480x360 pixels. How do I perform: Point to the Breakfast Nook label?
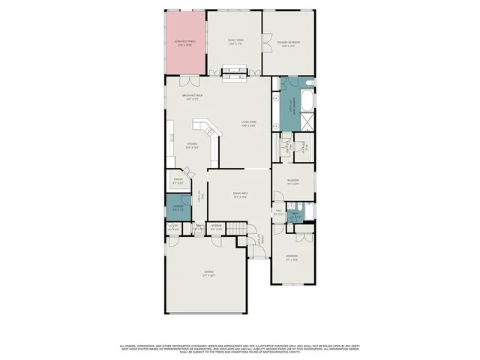[x=193, y=96]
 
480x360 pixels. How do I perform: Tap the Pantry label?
[x=178, y=181]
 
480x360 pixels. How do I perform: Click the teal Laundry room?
[x=178, y=208]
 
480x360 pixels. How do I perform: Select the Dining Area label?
[x=240, y=196]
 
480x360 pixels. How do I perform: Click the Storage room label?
[x=216, y=226]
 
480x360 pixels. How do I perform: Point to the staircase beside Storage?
[x=238, y=228]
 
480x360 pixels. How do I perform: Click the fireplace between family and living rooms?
[x=233, y=73]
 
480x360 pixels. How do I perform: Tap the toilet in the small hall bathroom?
[x=299, y=206]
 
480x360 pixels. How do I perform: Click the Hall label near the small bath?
[x=278, y=214]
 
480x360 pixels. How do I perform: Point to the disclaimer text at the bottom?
[x=240, y=347]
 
